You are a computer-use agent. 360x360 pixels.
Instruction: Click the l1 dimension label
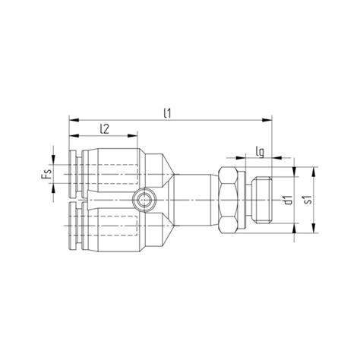(x=167, y=112)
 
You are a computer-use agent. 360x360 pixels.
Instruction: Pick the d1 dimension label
(x=288, y=201)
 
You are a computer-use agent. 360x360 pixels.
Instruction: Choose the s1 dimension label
(x=308, y=201)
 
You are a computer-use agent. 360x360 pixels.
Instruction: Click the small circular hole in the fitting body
(x=143, y=201)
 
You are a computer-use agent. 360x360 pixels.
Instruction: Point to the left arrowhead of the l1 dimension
(x=72, y=119)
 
